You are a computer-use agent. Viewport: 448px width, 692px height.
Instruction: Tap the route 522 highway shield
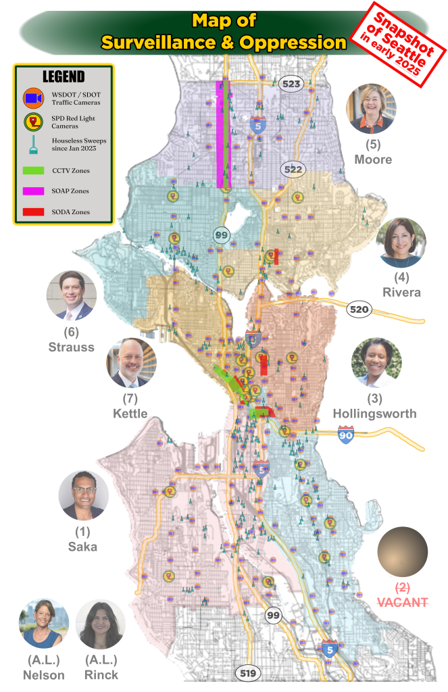pos(293,169)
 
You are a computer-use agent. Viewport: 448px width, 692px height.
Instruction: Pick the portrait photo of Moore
pos(371,108)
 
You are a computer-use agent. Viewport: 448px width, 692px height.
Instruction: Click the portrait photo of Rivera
pos(401,243)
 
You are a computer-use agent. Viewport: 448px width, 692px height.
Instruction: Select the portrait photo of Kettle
pos(131,363)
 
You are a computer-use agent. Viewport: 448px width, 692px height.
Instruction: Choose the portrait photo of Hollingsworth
pos(376,363)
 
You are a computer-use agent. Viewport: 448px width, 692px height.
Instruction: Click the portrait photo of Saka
pos(84,495)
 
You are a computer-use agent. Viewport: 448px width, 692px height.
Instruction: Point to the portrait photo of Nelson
pos(44,623)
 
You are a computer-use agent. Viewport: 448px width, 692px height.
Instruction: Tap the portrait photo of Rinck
pos(101,623)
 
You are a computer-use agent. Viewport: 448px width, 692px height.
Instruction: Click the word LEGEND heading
pos(64,76)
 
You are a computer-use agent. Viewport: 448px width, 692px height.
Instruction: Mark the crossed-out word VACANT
pos(402,601)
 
